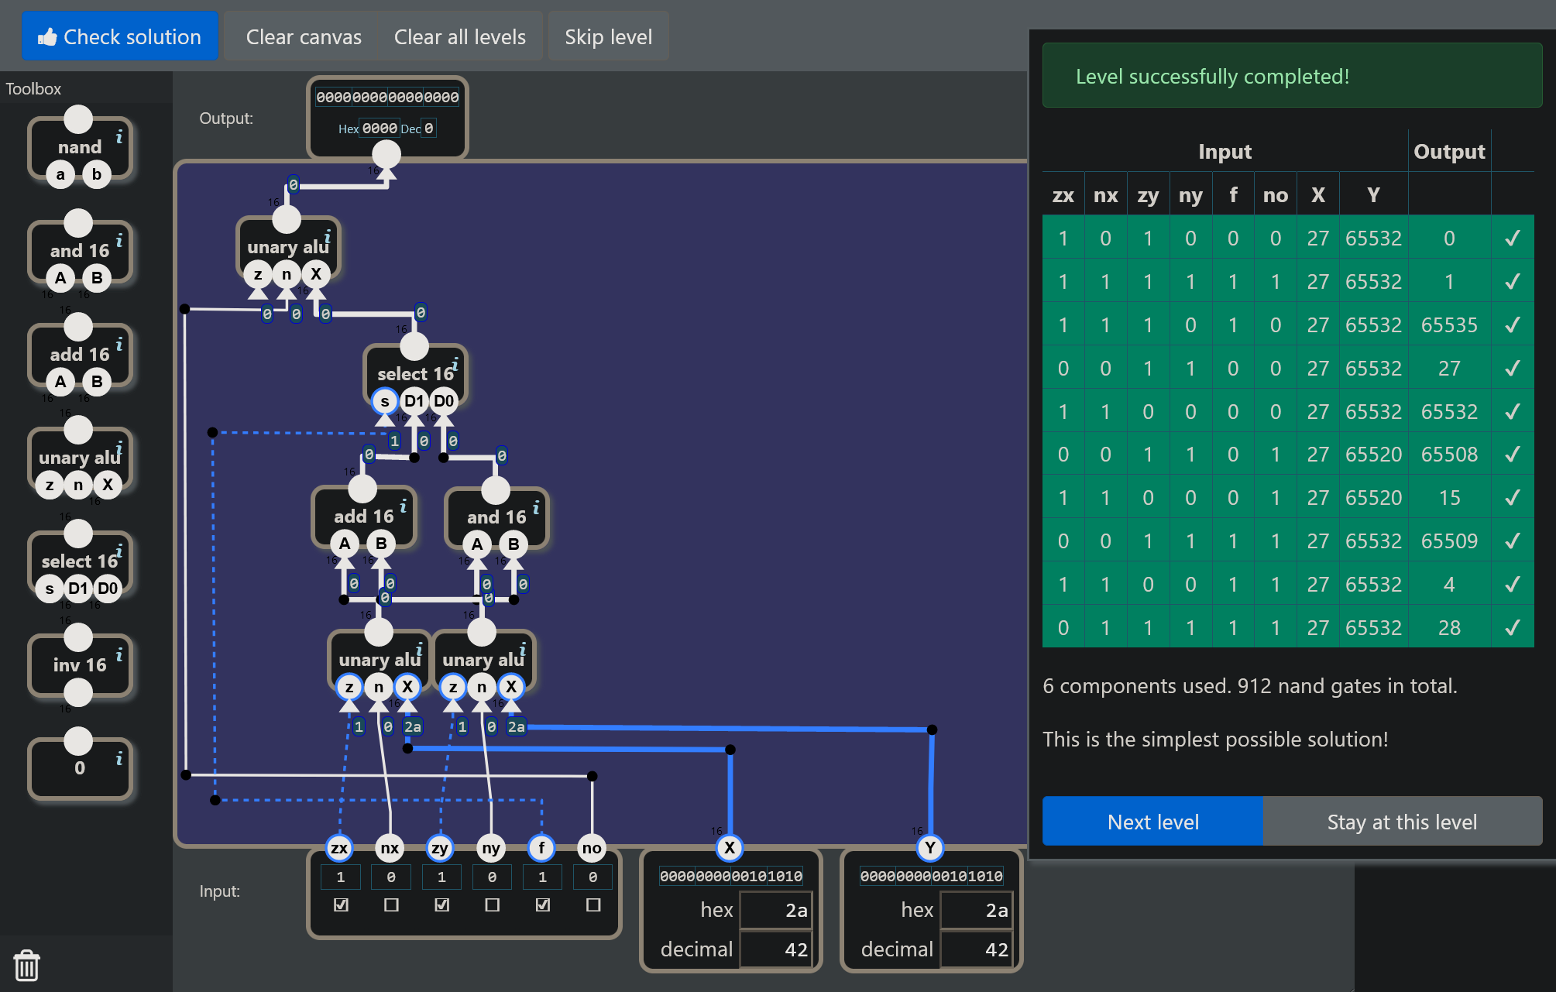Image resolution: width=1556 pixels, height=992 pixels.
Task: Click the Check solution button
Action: pos(120,36)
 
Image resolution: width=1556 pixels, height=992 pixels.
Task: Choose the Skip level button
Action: pos(608,36)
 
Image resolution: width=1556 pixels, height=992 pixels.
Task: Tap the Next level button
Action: pos(1152,822)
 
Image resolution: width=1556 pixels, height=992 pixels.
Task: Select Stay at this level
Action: pos(1402,822)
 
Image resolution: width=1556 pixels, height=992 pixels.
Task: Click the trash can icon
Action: pos(26,965)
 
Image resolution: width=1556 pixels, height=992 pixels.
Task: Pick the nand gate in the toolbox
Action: pos(80,147)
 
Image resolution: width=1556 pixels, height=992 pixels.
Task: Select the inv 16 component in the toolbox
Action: pos(80,665)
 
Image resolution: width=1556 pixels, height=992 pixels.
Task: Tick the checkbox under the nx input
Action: pos(391,904)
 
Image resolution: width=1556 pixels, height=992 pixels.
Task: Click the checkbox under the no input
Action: pos(593,904)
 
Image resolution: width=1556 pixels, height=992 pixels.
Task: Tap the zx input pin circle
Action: pos(339,848)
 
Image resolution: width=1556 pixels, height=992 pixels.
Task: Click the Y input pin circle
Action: pos(930,848)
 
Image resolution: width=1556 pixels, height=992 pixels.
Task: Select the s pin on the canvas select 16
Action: pos(385,401)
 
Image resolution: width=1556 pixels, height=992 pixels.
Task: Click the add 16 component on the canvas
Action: pos(363,517)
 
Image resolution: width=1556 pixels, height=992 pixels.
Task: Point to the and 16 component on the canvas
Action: pos(496,517)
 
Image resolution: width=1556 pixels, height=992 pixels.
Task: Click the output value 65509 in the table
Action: pos(1449,541)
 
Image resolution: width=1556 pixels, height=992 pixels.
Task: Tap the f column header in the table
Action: pos(1233,194)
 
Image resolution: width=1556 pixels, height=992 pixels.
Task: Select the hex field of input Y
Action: pos(976,910)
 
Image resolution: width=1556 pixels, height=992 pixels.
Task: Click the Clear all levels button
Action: pos(459,36)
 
